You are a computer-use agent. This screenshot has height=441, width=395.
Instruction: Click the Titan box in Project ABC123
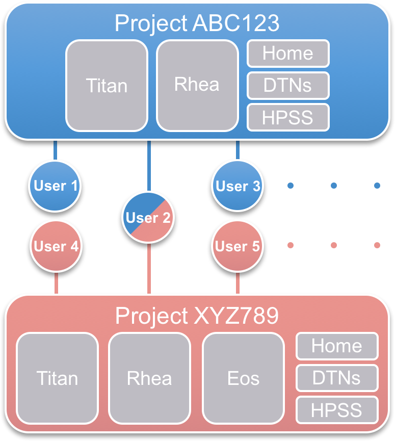click(107, 85)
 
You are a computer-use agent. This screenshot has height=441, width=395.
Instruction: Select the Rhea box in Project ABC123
click(197, 85)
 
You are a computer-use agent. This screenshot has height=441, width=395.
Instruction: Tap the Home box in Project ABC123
click(288, 54)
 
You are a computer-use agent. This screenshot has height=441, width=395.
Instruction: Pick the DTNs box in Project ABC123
click(288, 85)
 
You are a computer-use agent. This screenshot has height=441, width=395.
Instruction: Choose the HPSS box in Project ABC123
click(288, 117)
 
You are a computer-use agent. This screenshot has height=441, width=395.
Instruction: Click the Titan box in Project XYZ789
click(57, 378)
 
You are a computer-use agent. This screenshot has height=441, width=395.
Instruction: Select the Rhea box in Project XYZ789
click(149, 378)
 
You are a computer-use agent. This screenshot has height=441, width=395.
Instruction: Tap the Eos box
click(243, 378)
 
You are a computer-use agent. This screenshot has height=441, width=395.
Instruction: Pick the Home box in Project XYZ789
click(337, 346)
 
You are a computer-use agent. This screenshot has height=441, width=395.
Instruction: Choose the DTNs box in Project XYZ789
click(337, 378)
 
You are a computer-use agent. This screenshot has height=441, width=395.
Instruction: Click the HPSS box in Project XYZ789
click(337, 410)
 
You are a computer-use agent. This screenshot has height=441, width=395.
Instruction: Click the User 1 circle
click(55, 186)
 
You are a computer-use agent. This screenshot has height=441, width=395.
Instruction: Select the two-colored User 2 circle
click(148, 218)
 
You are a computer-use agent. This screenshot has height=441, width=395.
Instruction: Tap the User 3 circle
click(238, 186)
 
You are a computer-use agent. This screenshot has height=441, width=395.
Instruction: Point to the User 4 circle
click(56, 247)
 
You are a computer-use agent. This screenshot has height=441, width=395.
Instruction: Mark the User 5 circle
click(238, 247)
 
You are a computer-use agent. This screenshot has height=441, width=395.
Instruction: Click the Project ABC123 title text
click(197, 23)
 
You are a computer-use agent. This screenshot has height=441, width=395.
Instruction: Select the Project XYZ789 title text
click(197, 316)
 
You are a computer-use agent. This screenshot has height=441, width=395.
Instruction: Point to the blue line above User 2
click(149, 166)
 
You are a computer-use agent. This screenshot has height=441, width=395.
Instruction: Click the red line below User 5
click(238, 283)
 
